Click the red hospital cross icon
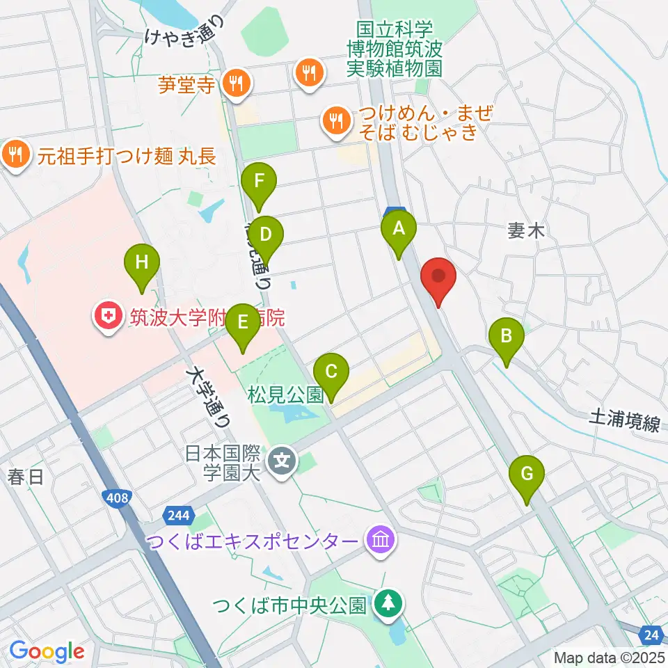tap(109, 317)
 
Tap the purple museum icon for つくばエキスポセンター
tap(381, 540)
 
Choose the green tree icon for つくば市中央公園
tap(385, 604)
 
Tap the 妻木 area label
tap(525, 232)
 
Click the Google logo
tap(47, 651)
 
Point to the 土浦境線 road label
tap(623, 420)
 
